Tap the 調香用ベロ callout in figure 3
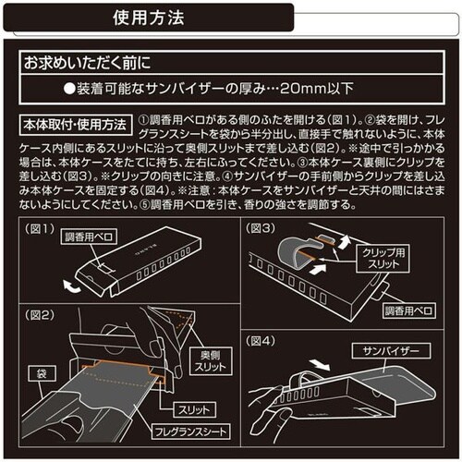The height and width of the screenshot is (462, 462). pos(410,310)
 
